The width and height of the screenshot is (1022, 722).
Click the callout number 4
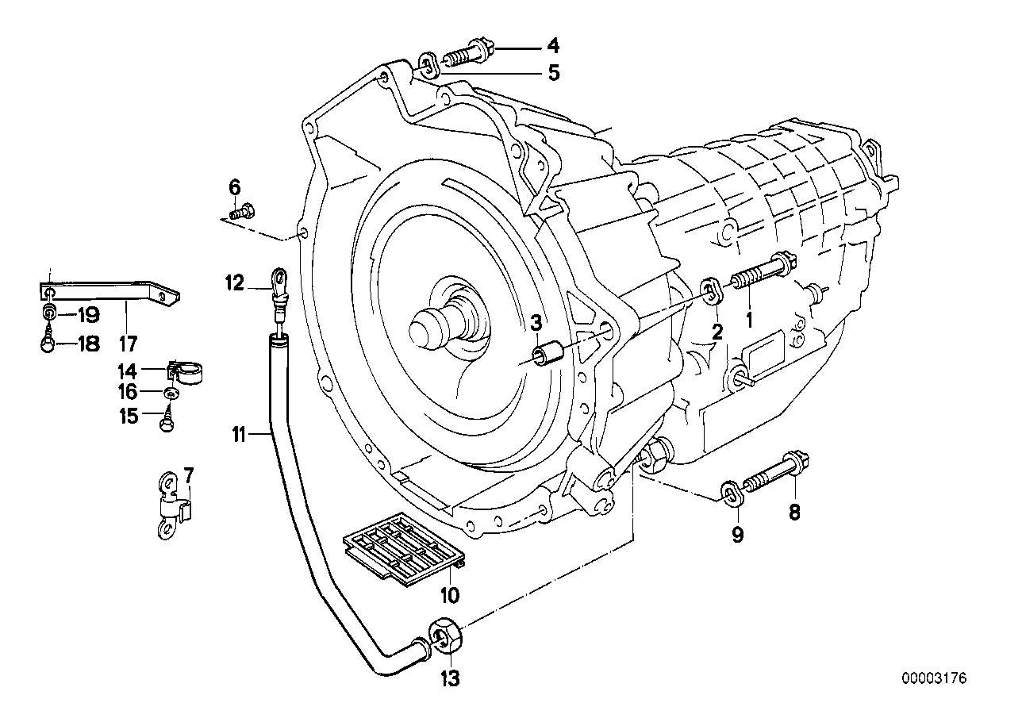click(552, 47)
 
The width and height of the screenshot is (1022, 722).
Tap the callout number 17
click(128, 344)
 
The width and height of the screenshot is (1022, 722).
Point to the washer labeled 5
click(427, 64)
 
